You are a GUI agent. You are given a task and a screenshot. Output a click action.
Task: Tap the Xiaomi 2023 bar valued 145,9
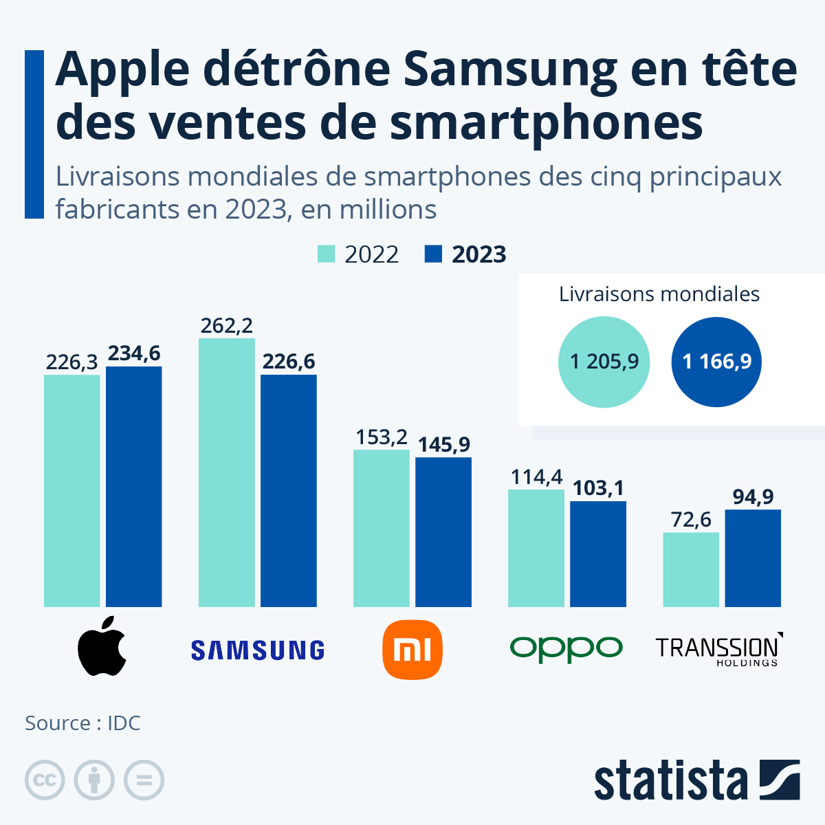pos(443,532)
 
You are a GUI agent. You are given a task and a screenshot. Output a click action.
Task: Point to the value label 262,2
pos(226,326)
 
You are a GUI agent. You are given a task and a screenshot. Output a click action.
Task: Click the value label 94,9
pos(753,496)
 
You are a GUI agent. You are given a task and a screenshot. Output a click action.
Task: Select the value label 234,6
pos(134,353)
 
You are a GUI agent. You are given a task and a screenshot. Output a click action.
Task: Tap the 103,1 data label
pos(598,488)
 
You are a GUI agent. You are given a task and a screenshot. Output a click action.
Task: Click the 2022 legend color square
pos(326,254)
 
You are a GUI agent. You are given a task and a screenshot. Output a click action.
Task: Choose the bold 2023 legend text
pos(478,254)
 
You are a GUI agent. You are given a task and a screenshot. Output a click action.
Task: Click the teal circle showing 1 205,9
pos(604,362)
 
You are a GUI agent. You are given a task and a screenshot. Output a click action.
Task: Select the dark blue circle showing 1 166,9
pos(716,362)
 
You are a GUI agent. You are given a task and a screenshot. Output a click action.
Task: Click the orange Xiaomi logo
pos(412,649)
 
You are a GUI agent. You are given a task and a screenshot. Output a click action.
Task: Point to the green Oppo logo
pos(566,648)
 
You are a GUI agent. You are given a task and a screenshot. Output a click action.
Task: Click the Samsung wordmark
pos(258,650)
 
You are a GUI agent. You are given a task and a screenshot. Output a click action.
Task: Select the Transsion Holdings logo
pos(718,649)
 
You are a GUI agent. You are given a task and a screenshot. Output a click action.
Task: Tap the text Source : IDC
pos(82,723)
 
